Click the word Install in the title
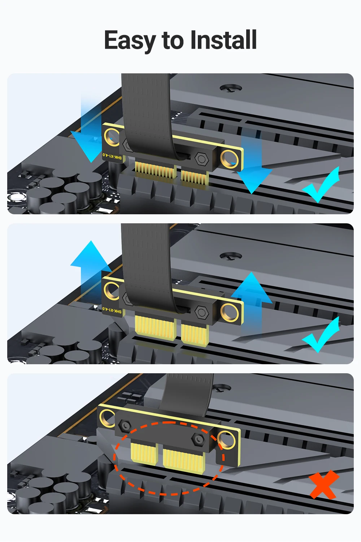223,40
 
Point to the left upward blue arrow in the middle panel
91,266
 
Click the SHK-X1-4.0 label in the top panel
112,156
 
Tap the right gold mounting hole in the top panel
229,160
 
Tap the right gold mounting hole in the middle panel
229,313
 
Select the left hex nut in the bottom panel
125,425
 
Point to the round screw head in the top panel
231,87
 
